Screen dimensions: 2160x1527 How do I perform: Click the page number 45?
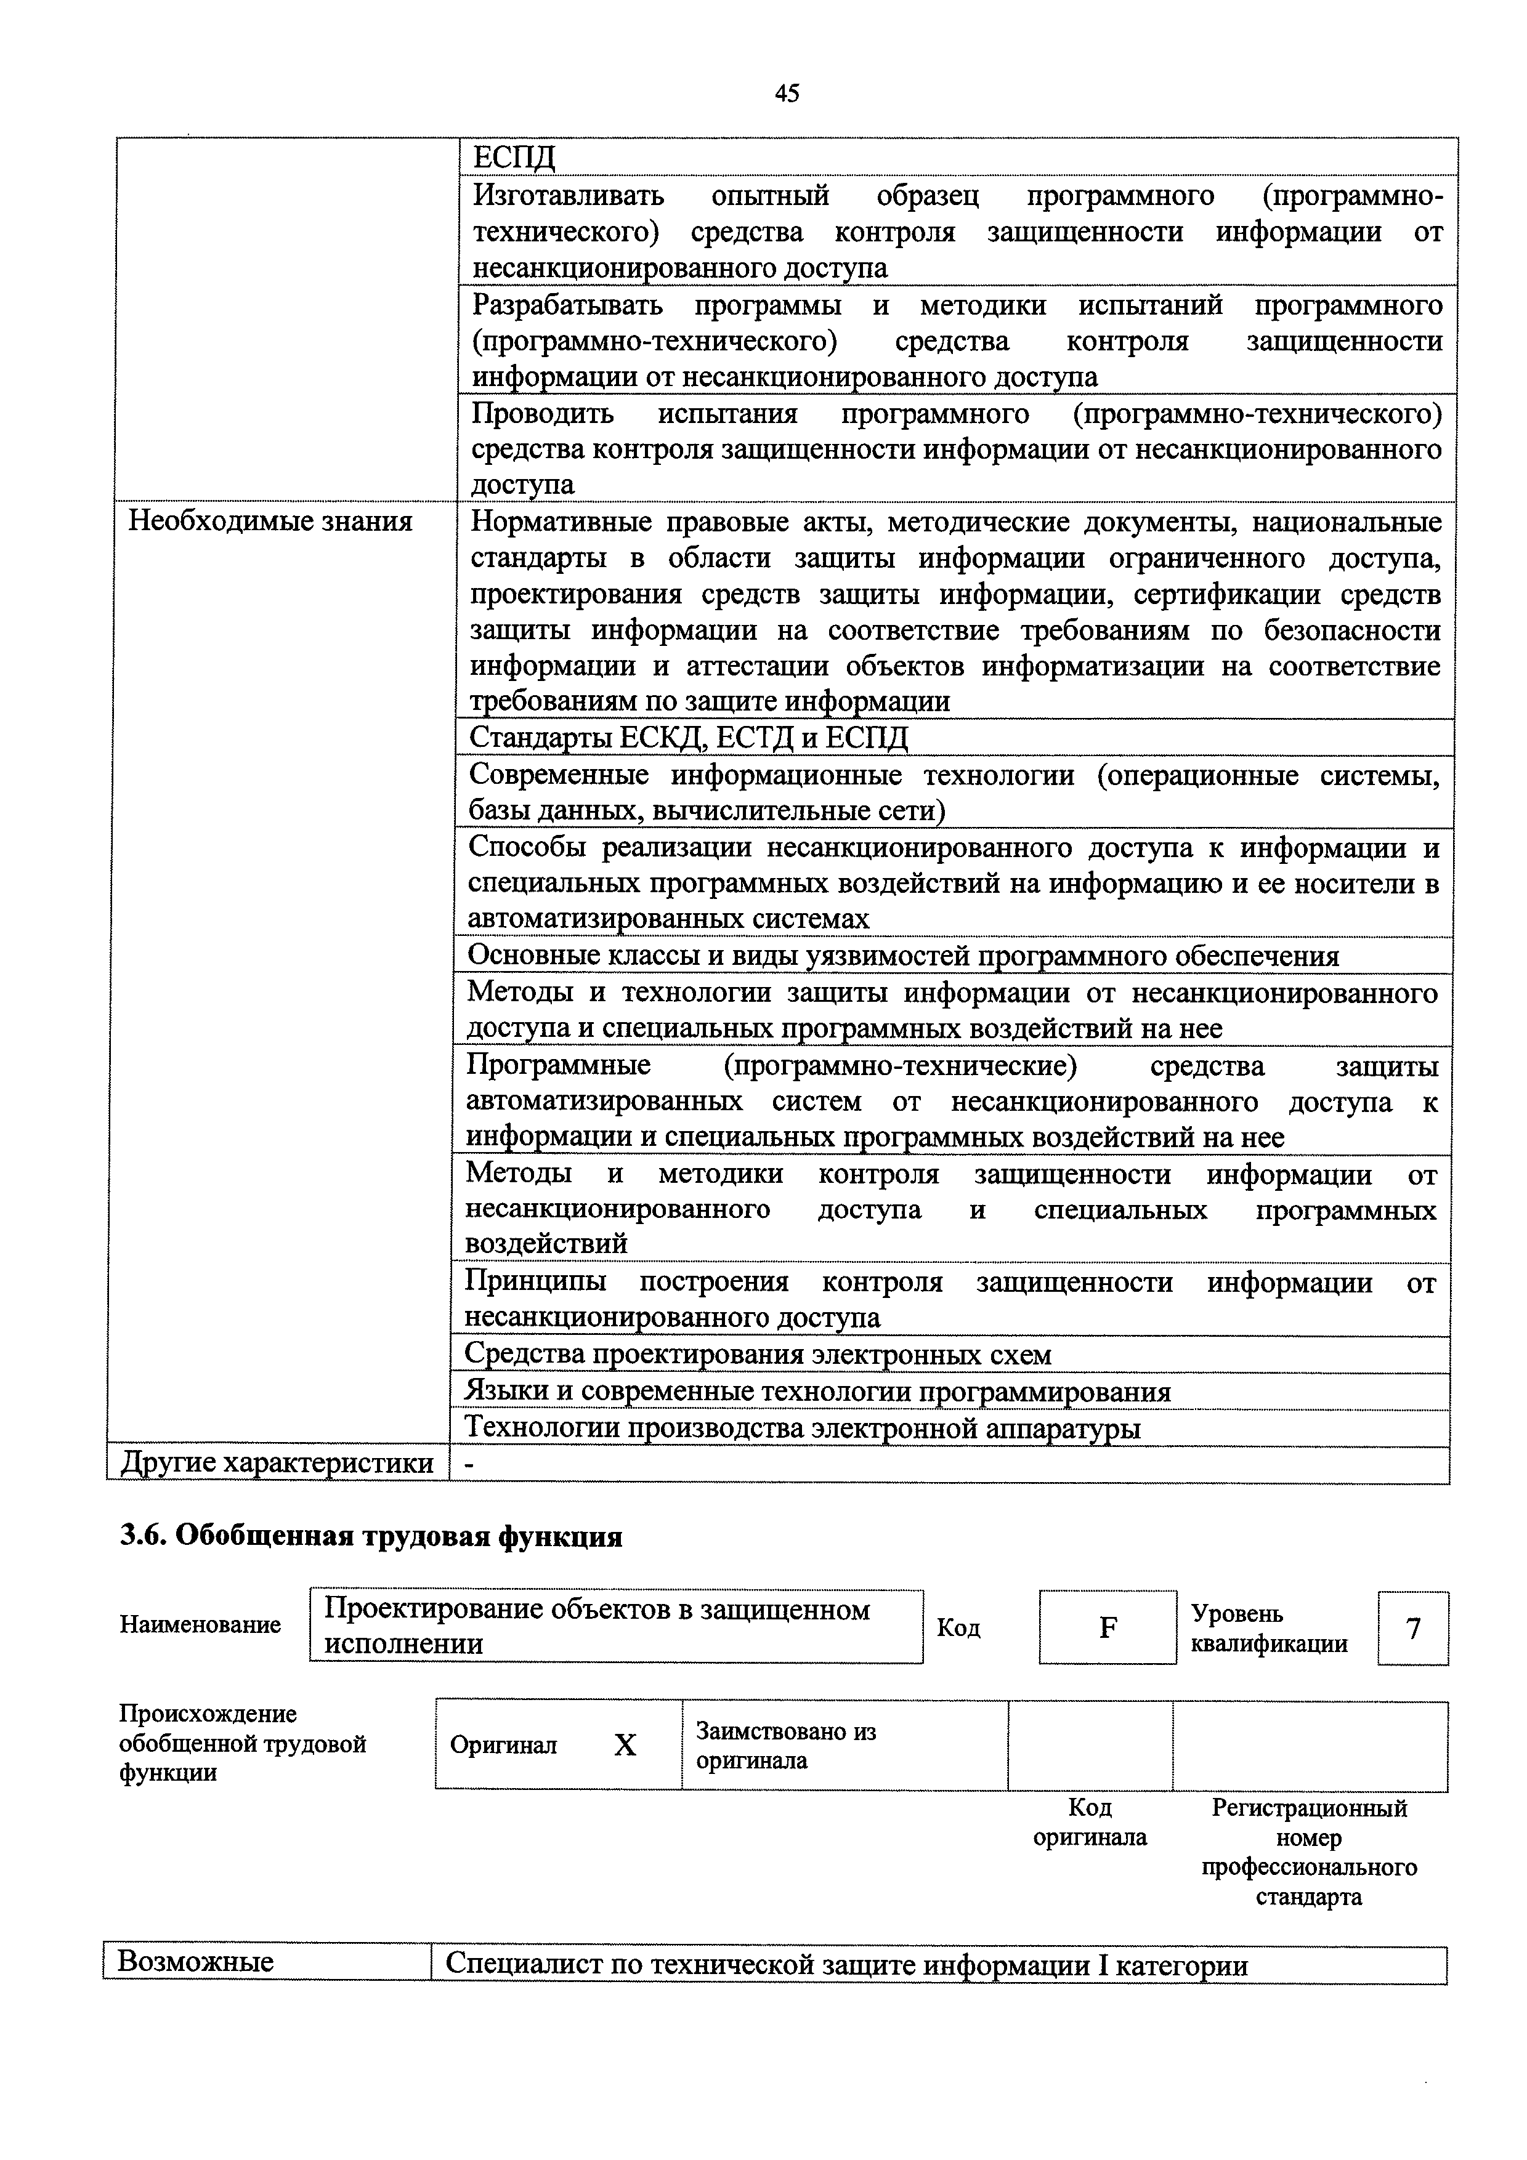click(787, 93)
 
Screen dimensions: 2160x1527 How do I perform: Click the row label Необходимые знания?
click(270, 521)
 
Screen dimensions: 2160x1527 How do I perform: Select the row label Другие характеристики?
click(277, 1463)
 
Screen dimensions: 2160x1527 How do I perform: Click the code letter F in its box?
click(1108, 1627)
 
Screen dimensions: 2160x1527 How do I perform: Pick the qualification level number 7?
click(1412, 1629)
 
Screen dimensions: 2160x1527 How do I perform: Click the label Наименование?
click(200, 1625)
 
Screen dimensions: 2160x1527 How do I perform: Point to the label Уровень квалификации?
click(1268, 1629)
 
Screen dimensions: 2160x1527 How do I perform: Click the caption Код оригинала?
click(1090, 1822)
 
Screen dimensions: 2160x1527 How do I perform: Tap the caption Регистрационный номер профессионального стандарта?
click(1309, 1852)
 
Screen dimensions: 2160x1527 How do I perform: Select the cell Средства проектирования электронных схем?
click(758, 1355)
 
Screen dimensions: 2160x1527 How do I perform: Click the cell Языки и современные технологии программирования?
click(817, 1392)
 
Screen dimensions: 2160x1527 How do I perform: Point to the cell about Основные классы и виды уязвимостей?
click(902, 956)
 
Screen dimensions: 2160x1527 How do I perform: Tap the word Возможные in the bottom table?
click(196, 1962)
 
